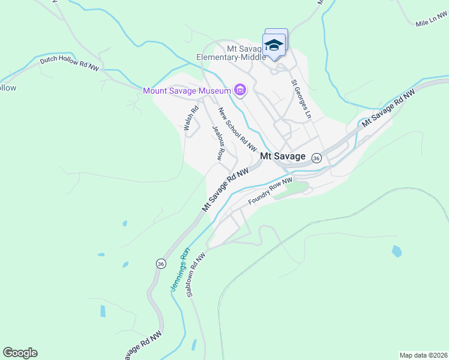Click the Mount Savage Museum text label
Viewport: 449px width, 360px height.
[x=187, y=91]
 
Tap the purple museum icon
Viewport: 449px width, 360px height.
[x=240, y=91]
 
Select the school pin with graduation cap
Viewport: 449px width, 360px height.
[x=274, y=46]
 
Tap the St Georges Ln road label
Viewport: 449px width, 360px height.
[x=301, y=98]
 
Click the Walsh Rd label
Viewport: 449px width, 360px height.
[x=191, y=118]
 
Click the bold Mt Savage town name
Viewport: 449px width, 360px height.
[x=283, y=156]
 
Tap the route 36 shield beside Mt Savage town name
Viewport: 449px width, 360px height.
[x=317, y=157]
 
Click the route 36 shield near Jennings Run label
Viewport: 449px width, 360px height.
[x=160, y=263]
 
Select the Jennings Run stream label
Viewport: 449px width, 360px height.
[x=179, y=269]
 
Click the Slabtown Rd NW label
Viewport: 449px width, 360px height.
[x=196, y=275]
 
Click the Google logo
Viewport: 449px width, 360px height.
[x=20, y=353]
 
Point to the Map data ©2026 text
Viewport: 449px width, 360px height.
[x=423, y=355]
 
